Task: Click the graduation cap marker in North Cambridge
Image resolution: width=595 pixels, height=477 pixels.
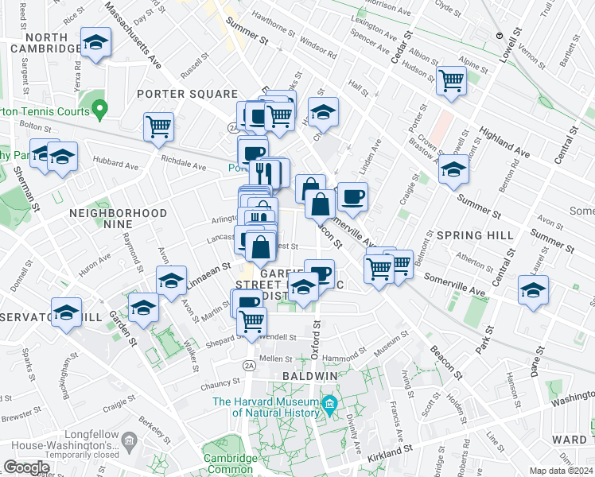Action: pos(96,44)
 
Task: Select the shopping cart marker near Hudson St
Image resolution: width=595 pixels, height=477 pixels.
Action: pos(451,80)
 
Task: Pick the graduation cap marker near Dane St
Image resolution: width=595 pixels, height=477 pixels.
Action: pos(533,290)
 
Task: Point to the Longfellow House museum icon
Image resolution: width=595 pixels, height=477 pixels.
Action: pos(129,439)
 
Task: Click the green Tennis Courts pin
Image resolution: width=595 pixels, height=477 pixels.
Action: pos(99,107)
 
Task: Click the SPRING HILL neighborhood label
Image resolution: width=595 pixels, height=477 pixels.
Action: pos(465,235)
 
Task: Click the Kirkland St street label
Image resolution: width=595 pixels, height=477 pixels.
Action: pos(389,454)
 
